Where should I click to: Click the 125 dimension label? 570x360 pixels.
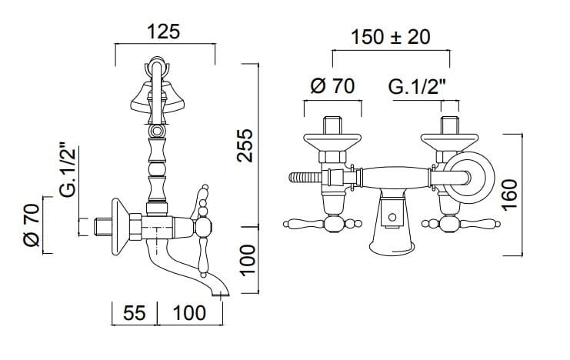[x=164, y=32]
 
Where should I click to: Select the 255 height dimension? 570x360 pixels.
[x=245, y=145]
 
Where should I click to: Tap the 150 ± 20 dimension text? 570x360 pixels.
[x=391, y=37]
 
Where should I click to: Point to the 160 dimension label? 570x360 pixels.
[x=509, y=195]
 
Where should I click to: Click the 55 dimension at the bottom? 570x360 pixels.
[x=134, y=313]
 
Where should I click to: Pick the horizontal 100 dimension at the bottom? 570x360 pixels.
[x=189, y=313]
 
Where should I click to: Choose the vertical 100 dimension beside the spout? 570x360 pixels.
[x=248, y=260]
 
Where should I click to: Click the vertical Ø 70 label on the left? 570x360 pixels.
[x=32, y=225]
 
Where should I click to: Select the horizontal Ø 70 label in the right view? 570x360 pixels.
[x=332, y=86]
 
